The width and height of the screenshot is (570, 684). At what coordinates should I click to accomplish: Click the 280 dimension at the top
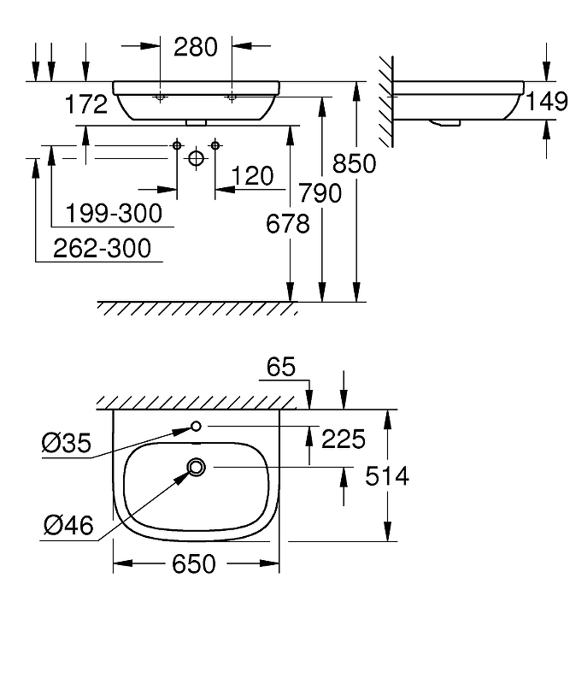[x=196, y=46]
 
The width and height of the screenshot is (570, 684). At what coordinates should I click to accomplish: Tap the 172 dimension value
[x=86, y=104]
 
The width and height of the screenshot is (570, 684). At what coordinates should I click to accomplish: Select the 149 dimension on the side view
[x=547, y=102]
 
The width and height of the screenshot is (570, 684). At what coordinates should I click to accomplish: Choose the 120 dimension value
[x=252, y=176]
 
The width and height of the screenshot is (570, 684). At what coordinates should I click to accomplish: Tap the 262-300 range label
[x=102, y=248]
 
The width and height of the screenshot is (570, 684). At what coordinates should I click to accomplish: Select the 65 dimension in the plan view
[x=280, y=367]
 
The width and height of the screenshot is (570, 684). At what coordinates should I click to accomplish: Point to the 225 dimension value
[x=342, y=439]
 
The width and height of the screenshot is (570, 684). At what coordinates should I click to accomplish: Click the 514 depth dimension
[x=386, y=475]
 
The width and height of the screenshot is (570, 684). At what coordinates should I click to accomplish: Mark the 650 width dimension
[x=197, y=563]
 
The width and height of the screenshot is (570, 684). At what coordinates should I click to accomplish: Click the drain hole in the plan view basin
[x=197, y=467]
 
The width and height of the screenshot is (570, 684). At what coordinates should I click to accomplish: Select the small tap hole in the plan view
[x=196, y=426]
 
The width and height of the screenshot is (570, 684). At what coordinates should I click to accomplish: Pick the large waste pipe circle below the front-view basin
[x=196, y=157]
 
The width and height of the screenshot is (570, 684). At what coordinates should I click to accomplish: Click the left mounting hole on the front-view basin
[x=160, y=98]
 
